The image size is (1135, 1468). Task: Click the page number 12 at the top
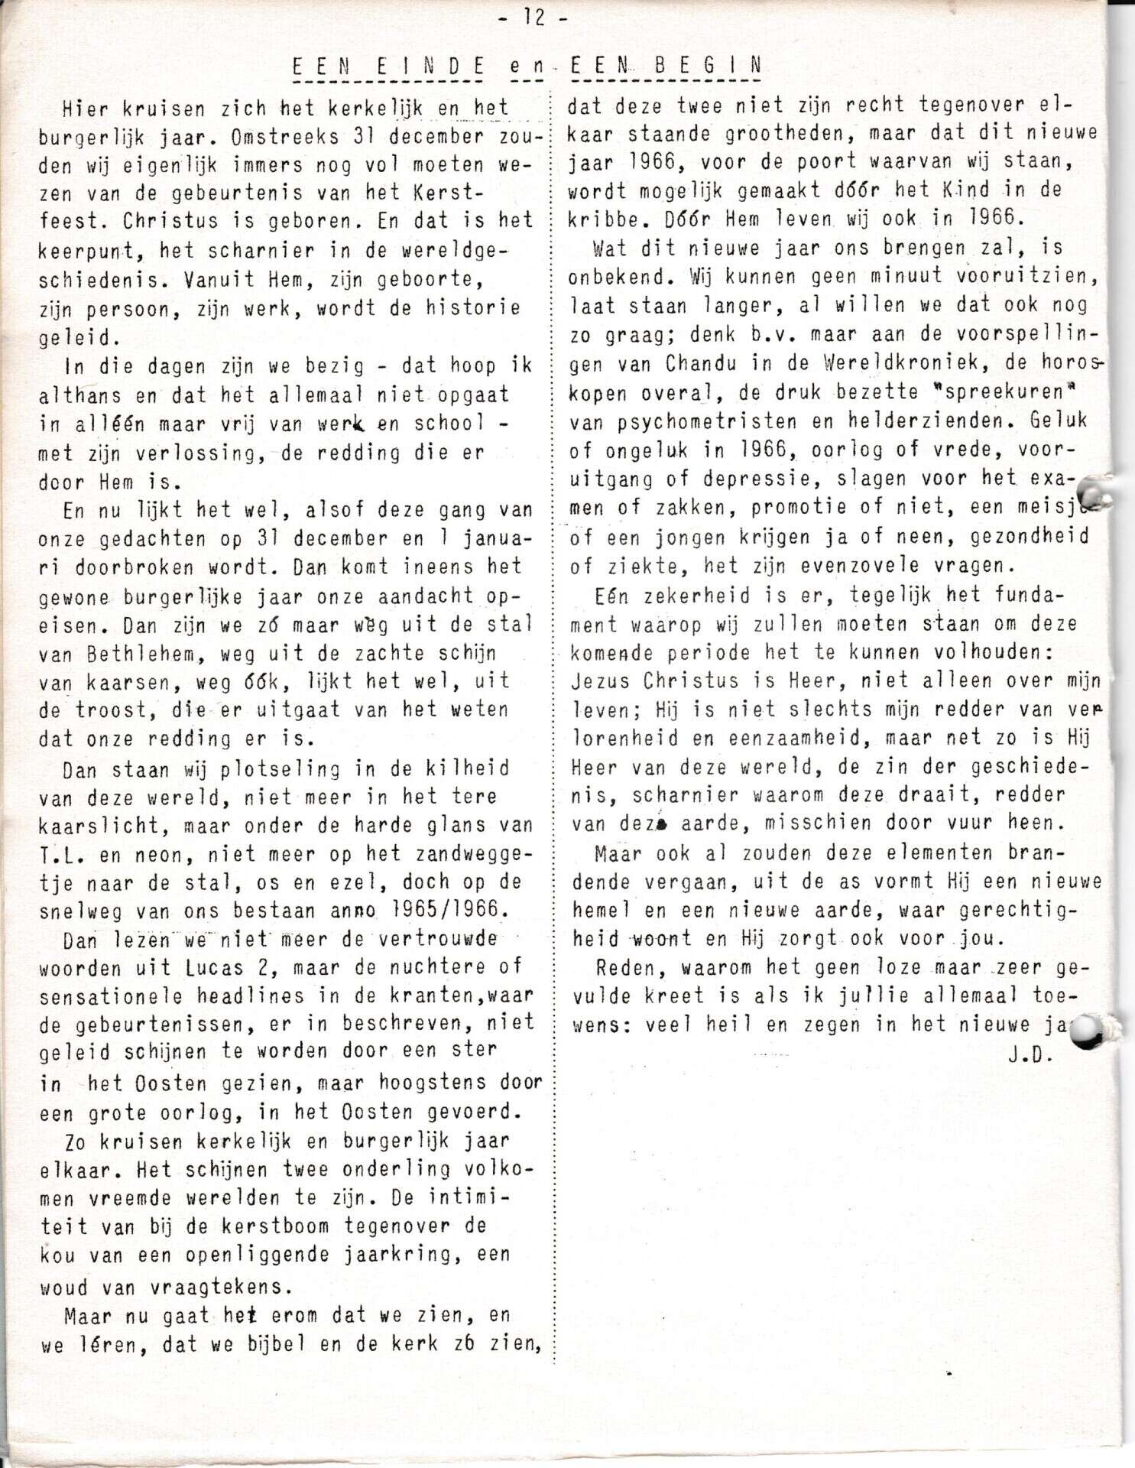click(533, 17)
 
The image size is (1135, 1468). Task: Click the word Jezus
click(601, 680)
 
